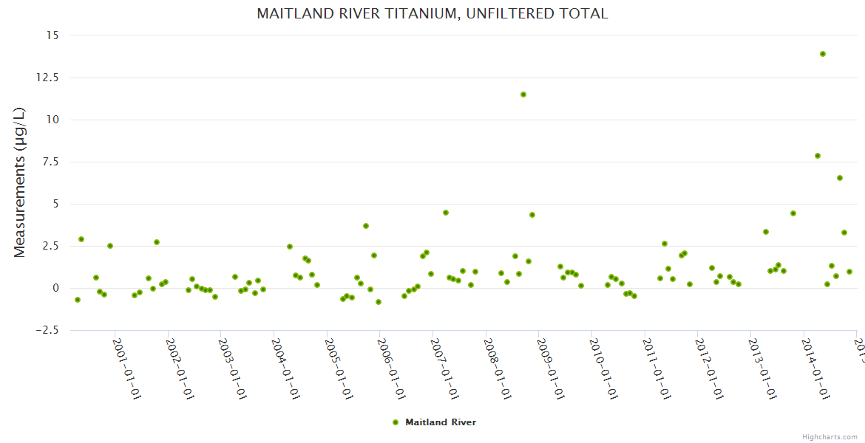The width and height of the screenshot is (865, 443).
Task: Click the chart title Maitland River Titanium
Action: [x=432, y=13]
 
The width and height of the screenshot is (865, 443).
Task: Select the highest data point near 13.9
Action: [x=822, y=54]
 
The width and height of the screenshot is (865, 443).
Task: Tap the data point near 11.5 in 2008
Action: [x=523, y=95]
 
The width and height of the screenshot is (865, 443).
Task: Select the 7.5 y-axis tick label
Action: [x=51, y=162]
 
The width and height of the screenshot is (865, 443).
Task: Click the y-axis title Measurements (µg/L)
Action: [x=20, y=182]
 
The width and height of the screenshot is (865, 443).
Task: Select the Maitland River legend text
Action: [x=441, y=422]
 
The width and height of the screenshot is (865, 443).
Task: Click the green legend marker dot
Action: [x=395, y=422]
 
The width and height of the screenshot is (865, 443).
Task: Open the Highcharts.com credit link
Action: [x=830, y=436]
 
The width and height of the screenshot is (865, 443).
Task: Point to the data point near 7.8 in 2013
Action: [x=817, y=156]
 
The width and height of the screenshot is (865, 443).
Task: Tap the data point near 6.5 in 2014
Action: [x=839, y=178]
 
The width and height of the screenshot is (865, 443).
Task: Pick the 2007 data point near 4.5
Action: [x=445, y=213]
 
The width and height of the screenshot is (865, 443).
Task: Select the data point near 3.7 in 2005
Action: [x=365, y=226]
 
